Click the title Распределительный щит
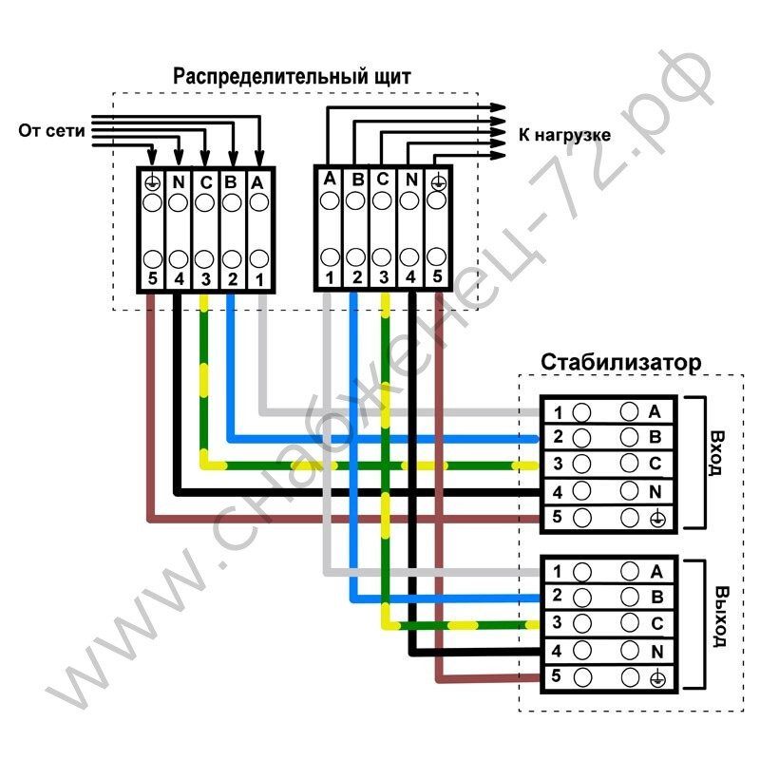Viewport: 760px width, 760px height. click(292, 77)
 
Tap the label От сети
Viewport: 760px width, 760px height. click(51, 130)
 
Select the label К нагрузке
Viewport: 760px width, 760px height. click(564, 135)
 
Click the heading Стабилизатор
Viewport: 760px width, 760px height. click(621, 362)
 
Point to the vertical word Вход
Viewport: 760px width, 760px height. click(716, 453)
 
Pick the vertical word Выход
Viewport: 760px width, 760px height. click(721, 617)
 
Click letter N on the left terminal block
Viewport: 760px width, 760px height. click(179, 181)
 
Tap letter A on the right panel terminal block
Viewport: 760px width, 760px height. click(330, 179)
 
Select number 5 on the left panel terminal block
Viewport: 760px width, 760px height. click(153, 278)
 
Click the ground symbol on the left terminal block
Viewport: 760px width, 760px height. click(152, 182)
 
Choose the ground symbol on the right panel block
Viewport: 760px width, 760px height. click(438, 182)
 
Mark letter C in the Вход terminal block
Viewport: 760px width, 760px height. click(655, 464)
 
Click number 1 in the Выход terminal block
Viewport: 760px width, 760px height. click(558, 572)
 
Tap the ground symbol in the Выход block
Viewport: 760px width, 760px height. click(657, 679)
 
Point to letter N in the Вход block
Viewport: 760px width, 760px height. click(655, 492)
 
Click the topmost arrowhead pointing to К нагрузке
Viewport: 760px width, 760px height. click(498, 107)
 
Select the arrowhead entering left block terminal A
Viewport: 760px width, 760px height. click(259, 158)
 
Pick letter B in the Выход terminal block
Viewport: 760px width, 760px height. click(657, 597)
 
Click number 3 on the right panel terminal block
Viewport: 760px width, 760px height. click(384, 277)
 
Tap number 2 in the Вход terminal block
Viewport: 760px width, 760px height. click(558, 437)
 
